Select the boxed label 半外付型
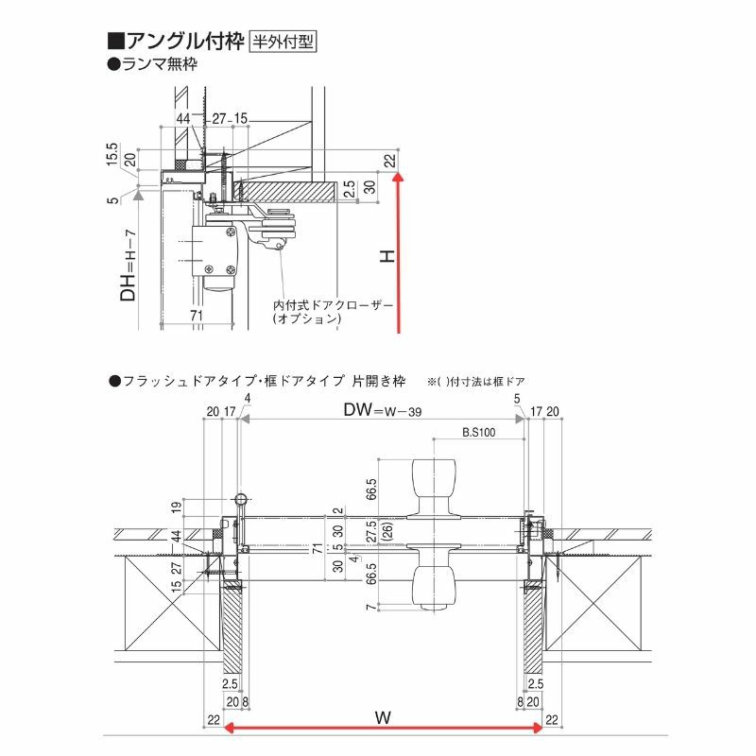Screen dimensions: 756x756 pos(281,42)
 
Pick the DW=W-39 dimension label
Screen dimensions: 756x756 pos(381,410)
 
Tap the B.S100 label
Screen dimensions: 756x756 pos(479,432)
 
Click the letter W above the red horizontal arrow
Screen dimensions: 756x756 pos(382,718)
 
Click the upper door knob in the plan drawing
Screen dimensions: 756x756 pos(438,482)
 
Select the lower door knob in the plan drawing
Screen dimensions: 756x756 pos(438,582)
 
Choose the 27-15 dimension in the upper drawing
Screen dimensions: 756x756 pos(230,118)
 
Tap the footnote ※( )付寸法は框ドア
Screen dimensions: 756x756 pos(475,382)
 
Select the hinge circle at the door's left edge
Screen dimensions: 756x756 pos(241,498)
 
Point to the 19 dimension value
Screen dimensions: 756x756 pos(176,507)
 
